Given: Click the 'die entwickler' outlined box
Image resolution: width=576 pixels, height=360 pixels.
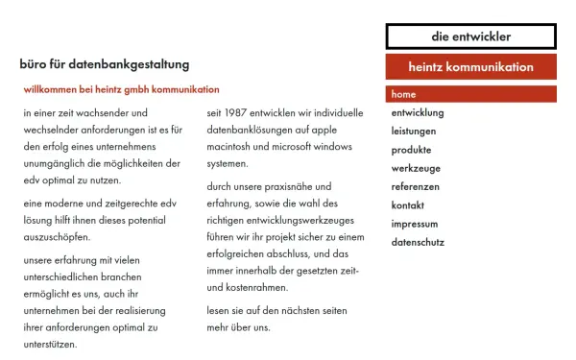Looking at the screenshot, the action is pos(470,36).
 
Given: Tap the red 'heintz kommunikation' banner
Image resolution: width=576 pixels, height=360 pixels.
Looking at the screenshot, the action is pos(470,67).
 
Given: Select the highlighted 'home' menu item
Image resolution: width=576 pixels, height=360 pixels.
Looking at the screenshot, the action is pos(403,95).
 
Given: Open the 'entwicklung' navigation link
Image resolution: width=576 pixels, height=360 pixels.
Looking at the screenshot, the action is pos(418,113).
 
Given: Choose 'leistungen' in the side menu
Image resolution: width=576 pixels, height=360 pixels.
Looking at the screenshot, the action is pos(414,132).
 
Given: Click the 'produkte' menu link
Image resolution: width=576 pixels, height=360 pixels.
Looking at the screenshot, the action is pos(411,150).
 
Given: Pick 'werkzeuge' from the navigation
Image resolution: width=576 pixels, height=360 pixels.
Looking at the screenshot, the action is pos(414,168).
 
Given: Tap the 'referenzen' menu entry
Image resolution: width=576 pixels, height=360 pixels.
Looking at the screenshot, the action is pos(416,186).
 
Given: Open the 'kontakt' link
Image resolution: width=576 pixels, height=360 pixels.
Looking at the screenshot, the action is pos(408,205).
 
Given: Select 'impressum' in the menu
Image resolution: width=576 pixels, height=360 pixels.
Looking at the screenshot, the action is pos(415,224).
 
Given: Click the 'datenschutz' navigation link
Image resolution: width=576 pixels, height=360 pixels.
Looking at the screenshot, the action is pos(418,242).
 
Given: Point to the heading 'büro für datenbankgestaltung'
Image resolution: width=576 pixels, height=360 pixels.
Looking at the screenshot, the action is pos(105,64).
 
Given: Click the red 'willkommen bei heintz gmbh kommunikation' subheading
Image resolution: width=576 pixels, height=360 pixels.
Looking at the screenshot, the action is pos(122,89).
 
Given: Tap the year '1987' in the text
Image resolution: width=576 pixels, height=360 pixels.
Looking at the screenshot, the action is pos(236,113).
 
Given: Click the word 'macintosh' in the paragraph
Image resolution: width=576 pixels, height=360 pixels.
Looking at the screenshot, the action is pos(230,147).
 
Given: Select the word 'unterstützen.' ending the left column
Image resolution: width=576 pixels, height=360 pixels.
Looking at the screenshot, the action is pos(51,344).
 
